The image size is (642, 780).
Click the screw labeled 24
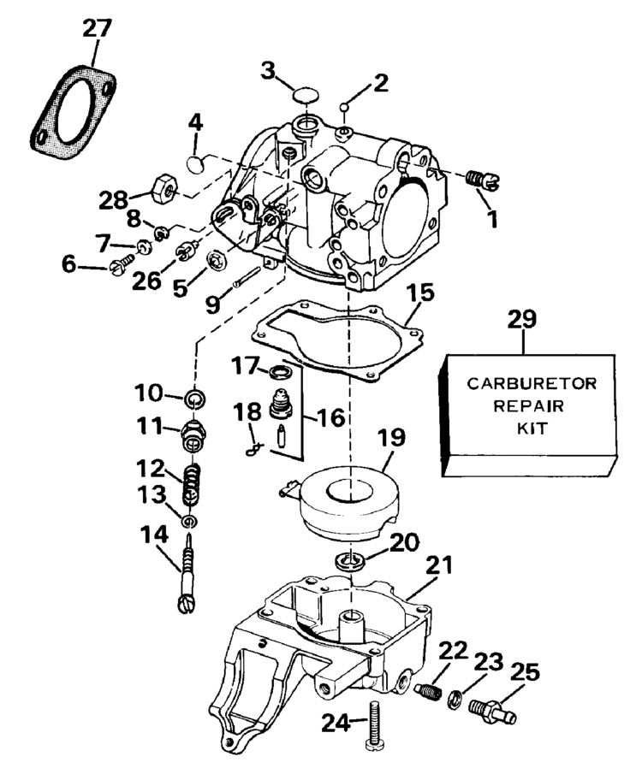point(373,723)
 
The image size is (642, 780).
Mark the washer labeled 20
point(350,562)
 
